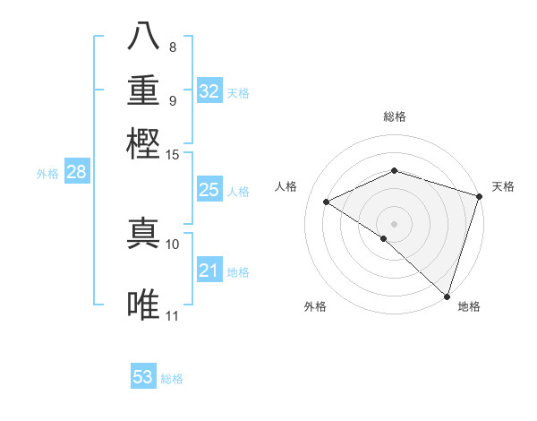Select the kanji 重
pos(145,90)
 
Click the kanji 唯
pos(145,304)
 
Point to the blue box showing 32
pos(209,91)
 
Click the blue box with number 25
pos(209,190)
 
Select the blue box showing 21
pos(209,271)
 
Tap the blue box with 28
pos(76,173)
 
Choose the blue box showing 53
pos(143,377)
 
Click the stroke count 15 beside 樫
pos(173,154)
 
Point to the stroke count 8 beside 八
pos(173,47)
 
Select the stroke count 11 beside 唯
pos(173,315)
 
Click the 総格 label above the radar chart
pos(394,116)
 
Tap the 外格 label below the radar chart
pos(315,306)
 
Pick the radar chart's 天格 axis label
pos(503,186)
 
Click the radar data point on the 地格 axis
pos(447,295)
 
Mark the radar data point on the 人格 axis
pos(327,202)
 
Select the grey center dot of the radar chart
pos(394,223)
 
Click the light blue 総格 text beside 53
pos(172,379)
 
